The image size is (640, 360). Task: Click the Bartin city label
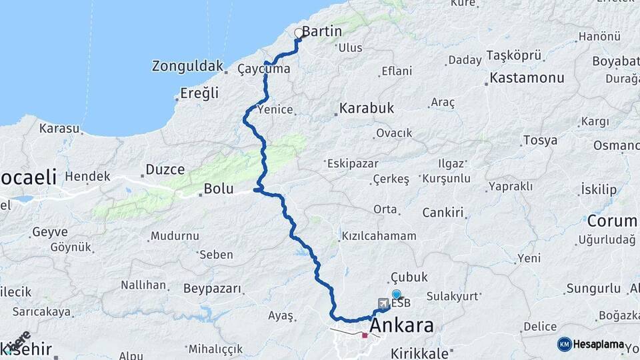coord(322,31)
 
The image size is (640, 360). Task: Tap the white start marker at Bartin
coord(299,32)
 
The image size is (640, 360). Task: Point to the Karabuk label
coord(367,107)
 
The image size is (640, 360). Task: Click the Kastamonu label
coord(527,78)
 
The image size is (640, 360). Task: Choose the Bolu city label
coord(219,189)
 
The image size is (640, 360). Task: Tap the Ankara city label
coord(401,326)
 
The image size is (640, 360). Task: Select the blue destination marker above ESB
coord(397,294)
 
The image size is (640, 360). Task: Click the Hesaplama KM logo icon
coord(564,344)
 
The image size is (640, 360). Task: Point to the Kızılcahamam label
coord(379,236)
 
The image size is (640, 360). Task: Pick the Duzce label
coord(165,169)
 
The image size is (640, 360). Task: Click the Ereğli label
coord(199,93)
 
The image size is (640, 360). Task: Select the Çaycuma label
coord(264,69)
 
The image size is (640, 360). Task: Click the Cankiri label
coord(443,213)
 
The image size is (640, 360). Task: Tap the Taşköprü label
coord(514,55)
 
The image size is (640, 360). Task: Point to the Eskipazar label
coord(352,163)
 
